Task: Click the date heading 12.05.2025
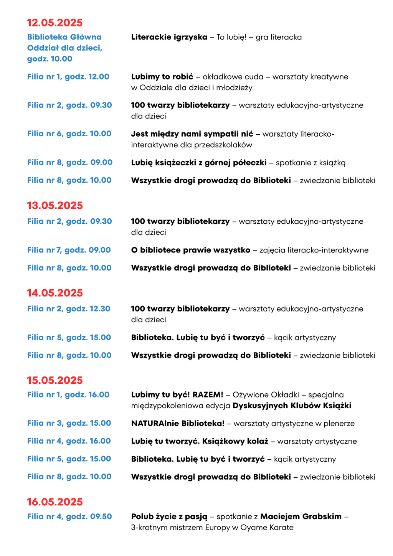pyautogui.click(x=55, y=23)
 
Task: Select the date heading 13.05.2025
pyautogui.click(x=55, y=206)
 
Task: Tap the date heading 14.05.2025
pyautogui.click(x=55, y=293)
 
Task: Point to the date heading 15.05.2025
pyautogui.click(x=55, y=380)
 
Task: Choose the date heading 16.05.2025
pyautogui.click(x=55, y=502)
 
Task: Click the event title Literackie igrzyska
pyautogui.click(x=169, y=37)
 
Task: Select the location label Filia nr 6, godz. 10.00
pyautogui.click(x=69, y=134)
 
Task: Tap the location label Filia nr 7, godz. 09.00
pyautogui.click(x=69, y=250)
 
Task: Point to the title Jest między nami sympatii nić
pyautogui.click(x=192, y=134)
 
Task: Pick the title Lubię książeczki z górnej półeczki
pyautogui.click(x=199, y=163)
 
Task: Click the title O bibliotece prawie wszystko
pyautogui.click(x=190, y=250)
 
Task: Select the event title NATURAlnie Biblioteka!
pyautogui.click(x=178, y=424)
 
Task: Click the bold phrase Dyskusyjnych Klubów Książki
pyautogui.click(x=292, y=406)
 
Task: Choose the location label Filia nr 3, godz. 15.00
pyautogui.click(x=69, y=423)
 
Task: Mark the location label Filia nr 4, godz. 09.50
pyautogui.click(x=69, y=516)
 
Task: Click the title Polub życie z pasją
pyautogui.click(x=169, y=516)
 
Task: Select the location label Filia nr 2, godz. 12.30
pyautogui.click(x=69, y=309)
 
